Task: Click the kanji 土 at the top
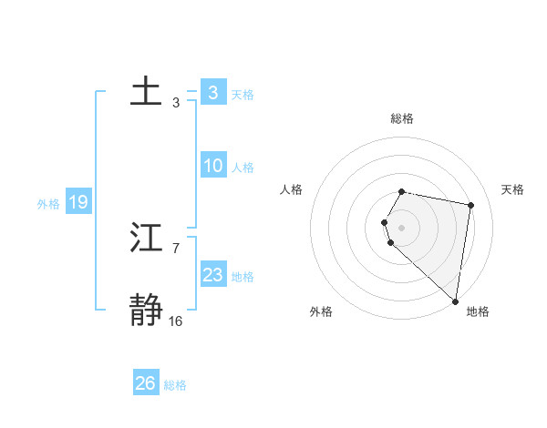pos(146,93)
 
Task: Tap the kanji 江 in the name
pos(146,239)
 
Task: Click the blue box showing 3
pos(212,93)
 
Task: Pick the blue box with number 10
pos(213,166)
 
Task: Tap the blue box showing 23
pos(213,275)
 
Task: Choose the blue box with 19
pos(78,202)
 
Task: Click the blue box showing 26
pos(146,383)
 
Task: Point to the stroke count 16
pos(175,321)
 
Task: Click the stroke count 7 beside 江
pos(175,248)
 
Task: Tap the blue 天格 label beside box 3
pos(243,94)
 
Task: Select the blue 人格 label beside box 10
pos(243,167)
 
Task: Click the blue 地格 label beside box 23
pos(243,276)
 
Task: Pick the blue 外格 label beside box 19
pos(48,203)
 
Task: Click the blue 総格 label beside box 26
pos(175,384)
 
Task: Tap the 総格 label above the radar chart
pos(402,119)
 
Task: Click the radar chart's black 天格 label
pos(513,189)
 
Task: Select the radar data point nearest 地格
pos(456,301)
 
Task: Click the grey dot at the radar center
pos(402,227)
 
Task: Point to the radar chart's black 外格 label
pos(321,311)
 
